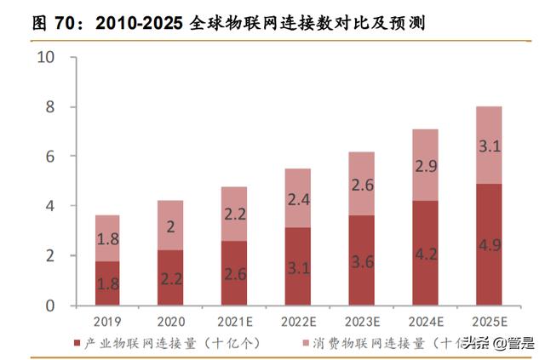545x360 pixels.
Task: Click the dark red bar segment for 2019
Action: pos(106,283)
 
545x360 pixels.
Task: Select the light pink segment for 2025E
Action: pos(490,146)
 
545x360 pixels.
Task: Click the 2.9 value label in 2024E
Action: pos(426,166)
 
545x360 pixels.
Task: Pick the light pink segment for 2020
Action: pos(170,225)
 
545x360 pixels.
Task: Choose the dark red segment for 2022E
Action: pos(298,266)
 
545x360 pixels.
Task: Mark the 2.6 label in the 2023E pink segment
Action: pos(362,185)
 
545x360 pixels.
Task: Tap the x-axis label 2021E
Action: pos(234,322)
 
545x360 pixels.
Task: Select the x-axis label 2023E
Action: pos(362,322)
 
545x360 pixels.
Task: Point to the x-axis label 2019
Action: pos(106,322)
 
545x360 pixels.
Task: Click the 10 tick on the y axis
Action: pos(45,58)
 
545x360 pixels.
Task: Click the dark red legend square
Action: pos(79,343)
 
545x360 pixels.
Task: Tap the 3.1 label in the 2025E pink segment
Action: pos(490,146)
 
